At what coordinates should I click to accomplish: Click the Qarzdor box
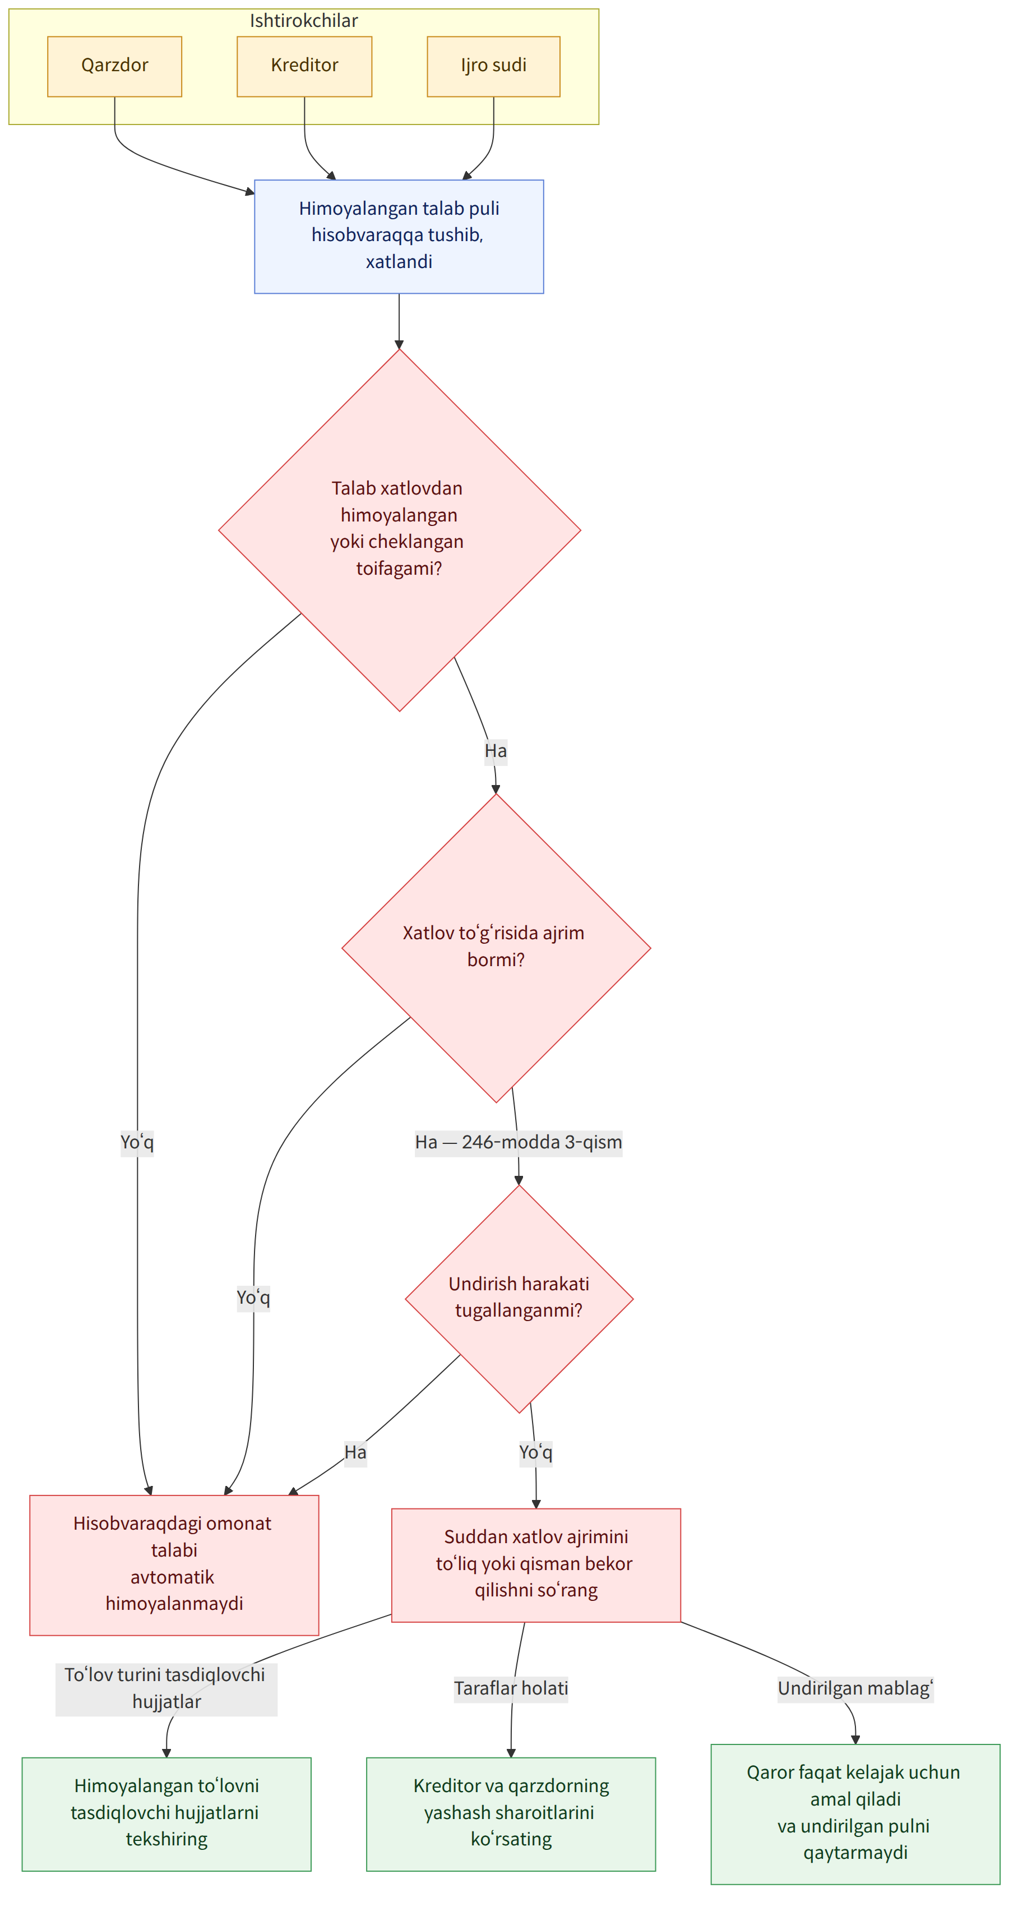[114, 66]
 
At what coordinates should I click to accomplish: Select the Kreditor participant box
[304, 66]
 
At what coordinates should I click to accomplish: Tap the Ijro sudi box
[493, 66]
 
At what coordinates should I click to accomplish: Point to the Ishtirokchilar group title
[303, 20]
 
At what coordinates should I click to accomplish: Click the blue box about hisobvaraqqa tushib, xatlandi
[399, 236]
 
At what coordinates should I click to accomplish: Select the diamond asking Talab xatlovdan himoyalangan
[399, 530]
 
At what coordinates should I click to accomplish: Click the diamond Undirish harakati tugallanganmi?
[519, 1298]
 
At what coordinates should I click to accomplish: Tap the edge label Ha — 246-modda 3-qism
[519, 1142]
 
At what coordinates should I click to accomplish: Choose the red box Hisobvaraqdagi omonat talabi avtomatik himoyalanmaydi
[174, 1564]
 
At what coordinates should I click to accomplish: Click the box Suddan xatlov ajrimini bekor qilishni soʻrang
[536, 1564]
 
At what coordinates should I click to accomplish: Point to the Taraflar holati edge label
[511, 1688]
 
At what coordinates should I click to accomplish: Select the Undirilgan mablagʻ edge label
[855, 1688]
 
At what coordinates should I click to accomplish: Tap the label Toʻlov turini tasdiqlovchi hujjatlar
[166, 1688]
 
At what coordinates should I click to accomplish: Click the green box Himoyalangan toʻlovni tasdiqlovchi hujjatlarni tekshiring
[166, 1813]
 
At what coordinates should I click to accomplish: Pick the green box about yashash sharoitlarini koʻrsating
[511, 1813]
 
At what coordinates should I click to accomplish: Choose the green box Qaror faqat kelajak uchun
[855, 1813]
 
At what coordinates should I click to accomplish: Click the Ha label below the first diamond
[496, 751]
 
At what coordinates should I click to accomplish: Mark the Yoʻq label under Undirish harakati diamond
[535, 1452]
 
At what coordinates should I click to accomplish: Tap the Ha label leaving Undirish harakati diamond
[355, 1452]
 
